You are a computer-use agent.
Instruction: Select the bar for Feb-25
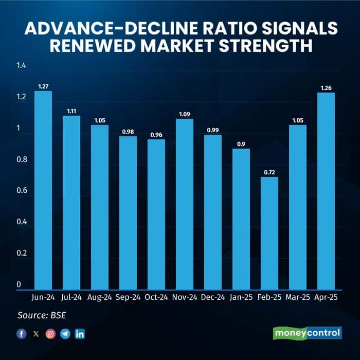(x=269, y=232)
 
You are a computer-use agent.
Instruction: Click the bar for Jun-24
(x=43, y=190)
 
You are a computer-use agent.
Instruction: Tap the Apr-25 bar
(x=326, y=191)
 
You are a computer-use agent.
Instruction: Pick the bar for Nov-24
(x=185, y=204)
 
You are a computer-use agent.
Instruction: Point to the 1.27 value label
(x=43, y=86)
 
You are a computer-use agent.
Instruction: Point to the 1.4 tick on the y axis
(x=21, y=65)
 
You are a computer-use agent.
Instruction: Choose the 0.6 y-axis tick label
(x=21, y=190)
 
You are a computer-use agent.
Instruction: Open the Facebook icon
(x=22, y=334)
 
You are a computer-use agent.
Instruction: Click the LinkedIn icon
(x=80, y=334)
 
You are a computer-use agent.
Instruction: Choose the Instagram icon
(x=50, y=334)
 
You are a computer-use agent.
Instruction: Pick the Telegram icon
(x=65, y=334)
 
